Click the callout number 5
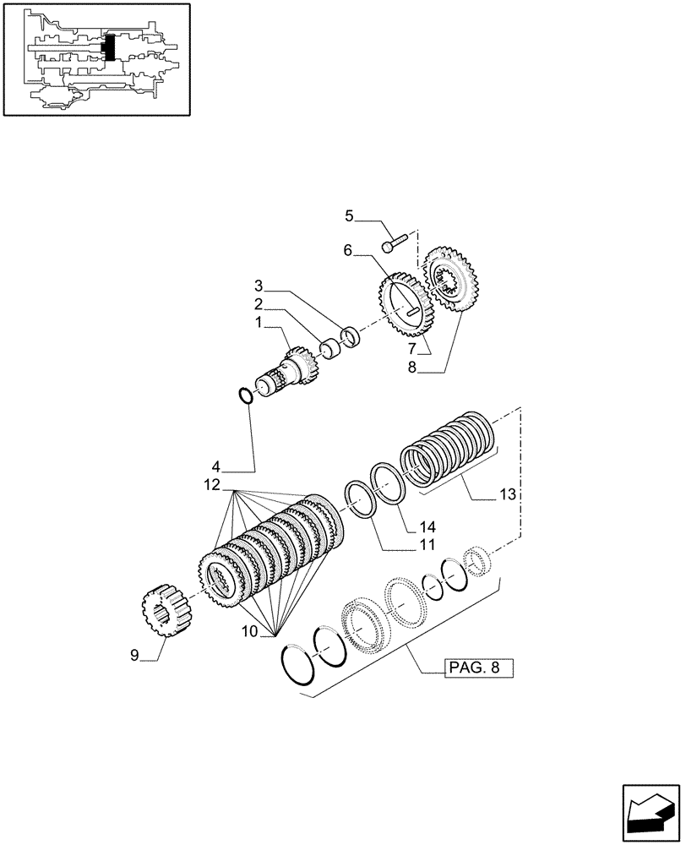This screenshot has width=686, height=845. (x=349, y=217)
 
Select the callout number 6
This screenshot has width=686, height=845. (x=348, y=251)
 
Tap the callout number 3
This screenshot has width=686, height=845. (x=260, y=285)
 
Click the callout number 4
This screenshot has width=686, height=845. (x=217, y=466)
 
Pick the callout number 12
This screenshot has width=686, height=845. (x=210, y=485)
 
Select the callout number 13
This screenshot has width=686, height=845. (x=509, y=494)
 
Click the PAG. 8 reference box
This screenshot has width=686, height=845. (x=478, y=668)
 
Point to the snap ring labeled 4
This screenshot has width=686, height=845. (x=245, y=395)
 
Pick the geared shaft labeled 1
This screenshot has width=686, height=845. (x=282, y=373)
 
